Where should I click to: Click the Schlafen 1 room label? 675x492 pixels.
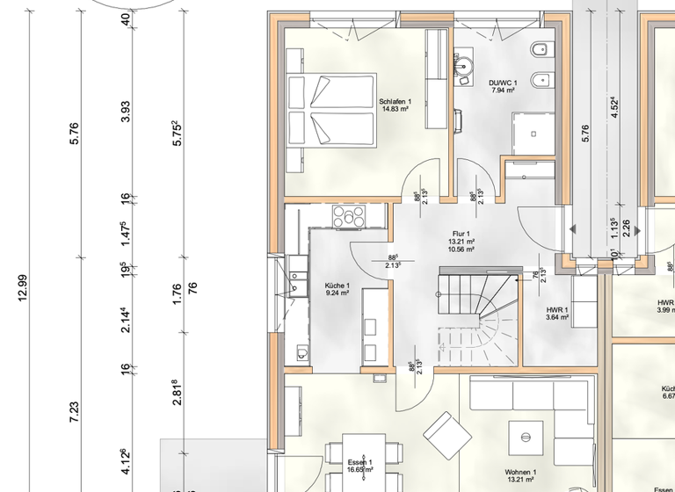pos(394,105)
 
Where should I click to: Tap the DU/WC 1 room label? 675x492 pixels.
pos(503,86)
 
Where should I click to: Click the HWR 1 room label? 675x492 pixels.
pos(557,314)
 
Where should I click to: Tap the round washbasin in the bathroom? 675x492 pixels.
pos(462,64)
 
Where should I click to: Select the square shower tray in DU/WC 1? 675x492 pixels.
pos(533,132)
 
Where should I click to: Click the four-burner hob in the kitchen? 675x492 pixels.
pos(349,217)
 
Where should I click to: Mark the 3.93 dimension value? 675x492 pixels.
pos(127,112)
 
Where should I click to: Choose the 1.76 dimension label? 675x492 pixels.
pos(177,292)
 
